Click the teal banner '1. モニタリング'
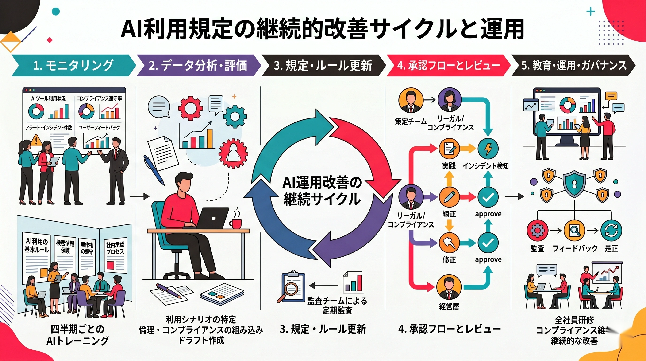(73, 65)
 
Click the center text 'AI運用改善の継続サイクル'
(322, 191)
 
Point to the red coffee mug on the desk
(236, 223)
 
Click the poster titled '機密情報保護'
(65, 256)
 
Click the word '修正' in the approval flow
(449, 259)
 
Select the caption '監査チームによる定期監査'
(337, 306)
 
